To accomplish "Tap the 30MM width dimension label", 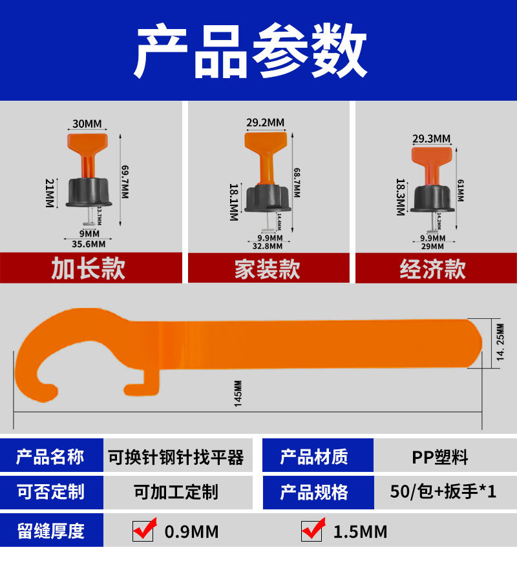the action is pos(87,123).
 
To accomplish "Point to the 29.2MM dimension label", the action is pos(265,122).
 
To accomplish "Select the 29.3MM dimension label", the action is pos(431,138).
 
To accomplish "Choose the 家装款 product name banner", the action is pos(267,269).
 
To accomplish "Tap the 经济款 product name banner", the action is pos(432,269).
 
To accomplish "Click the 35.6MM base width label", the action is pos(89,243).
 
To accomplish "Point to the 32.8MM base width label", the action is pos(267,245).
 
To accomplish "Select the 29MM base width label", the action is pos(432,246).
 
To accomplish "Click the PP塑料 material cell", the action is pos(440,458).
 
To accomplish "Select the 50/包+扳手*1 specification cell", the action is pos(443,492).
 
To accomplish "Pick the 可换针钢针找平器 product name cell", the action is pos(175,458).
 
